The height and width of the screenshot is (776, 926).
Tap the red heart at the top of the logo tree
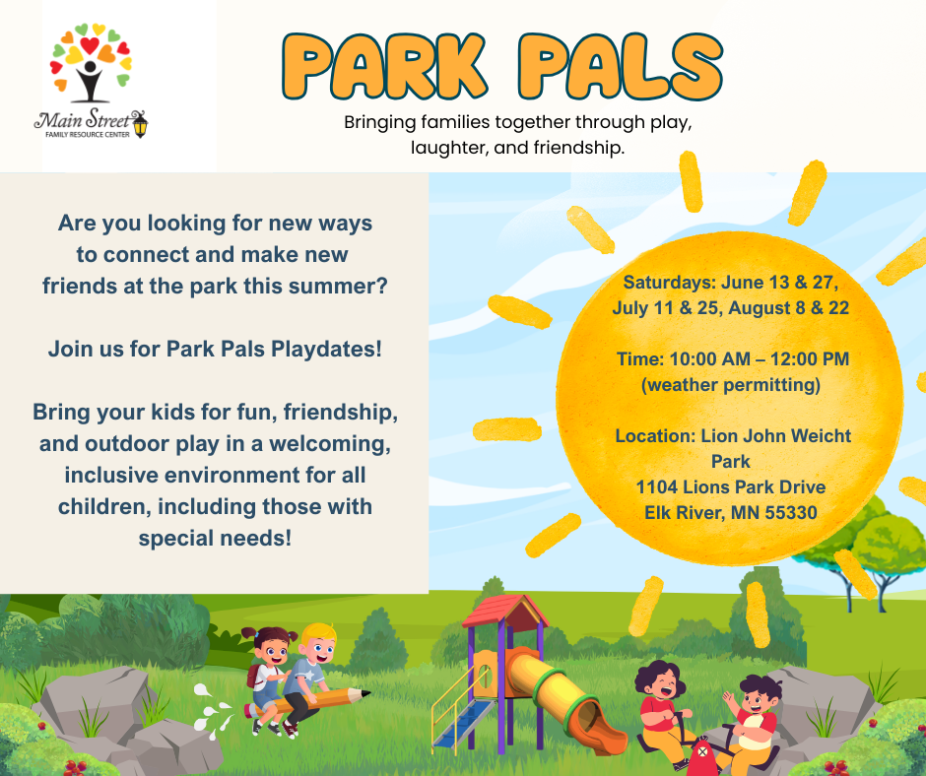coord(90,45)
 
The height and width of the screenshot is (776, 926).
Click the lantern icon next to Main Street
coord(140,124)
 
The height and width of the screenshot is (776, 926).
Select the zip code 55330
coord(787,512)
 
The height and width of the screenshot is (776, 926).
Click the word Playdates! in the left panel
coord(329,350)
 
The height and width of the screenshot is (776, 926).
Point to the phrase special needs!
coord(215,539)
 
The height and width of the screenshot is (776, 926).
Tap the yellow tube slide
coord(558,689)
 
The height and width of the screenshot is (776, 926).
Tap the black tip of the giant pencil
coord(365,695)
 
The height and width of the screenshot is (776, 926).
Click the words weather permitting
coord(730,384)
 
